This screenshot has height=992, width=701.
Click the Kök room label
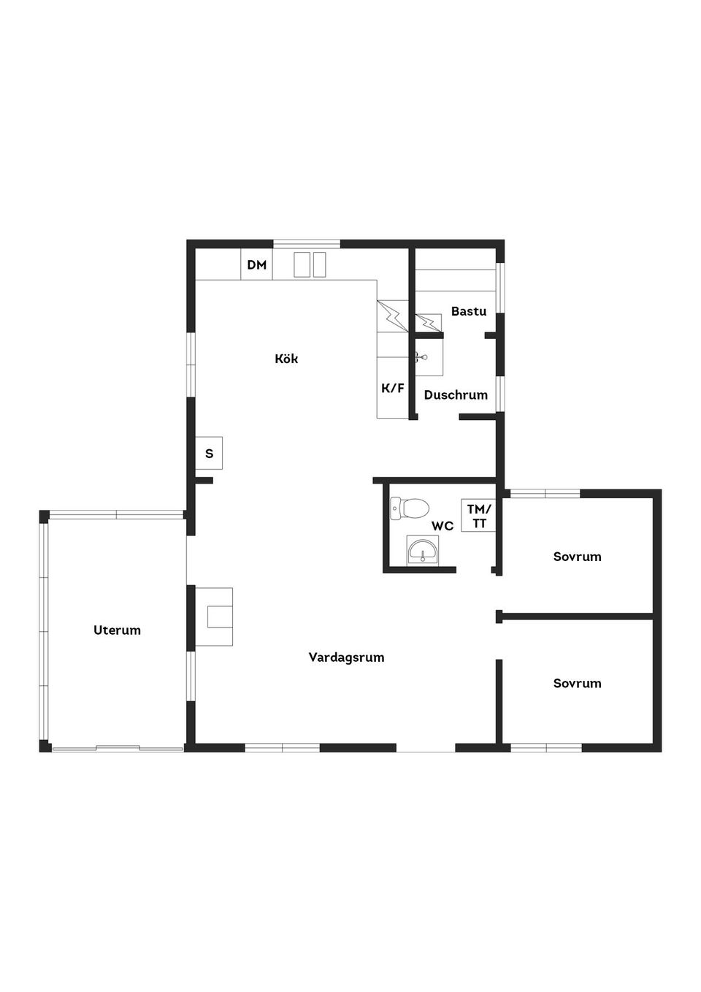coord(286,359)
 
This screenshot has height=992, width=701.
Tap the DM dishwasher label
coord(257,265)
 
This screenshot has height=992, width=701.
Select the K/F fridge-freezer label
coord(393,389)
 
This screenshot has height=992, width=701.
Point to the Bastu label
coord(469,311)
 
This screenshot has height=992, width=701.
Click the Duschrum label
coord(456,395)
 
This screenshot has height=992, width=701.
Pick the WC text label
coord(443,526)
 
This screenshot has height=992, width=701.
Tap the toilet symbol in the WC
coord(410,508)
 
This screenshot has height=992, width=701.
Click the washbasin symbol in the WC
coord(423,550)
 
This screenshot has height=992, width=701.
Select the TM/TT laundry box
coord(478,516)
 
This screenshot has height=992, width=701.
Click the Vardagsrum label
coord(346,657)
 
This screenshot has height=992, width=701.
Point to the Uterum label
coord(117,630)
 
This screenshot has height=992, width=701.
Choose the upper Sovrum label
coord(577,557)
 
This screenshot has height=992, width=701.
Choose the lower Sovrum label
coord(577,683)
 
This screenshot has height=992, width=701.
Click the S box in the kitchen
coord(209,453)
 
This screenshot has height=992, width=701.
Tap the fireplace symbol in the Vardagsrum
coord(214,617)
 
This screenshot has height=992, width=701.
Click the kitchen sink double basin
coord(310,265)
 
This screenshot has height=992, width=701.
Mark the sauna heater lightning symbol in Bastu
coord(429,322)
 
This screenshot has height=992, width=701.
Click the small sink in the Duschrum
coord(429,357)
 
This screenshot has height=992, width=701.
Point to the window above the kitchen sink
coord(306,243)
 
